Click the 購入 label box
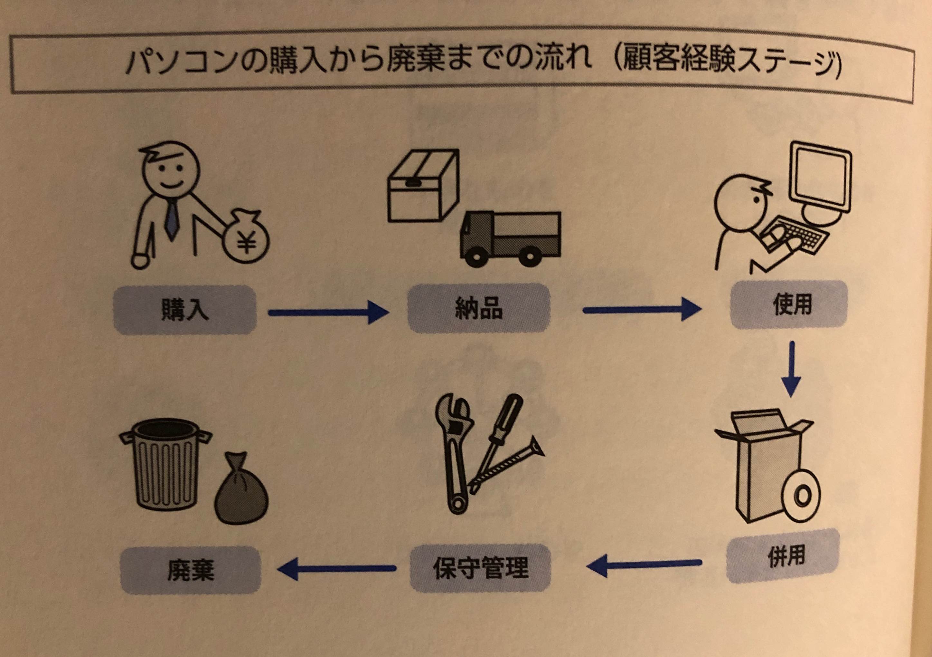click(x=185, y=310)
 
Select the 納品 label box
click(x=479, y=308)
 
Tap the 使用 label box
click(x=789, y=304)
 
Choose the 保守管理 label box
click(x=481, y=568)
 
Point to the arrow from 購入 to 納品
click(x=328, y=313)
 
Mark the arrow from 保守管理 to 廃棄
click(x=336, y=568)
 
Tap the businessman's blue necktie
click(x=171, y=219)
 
